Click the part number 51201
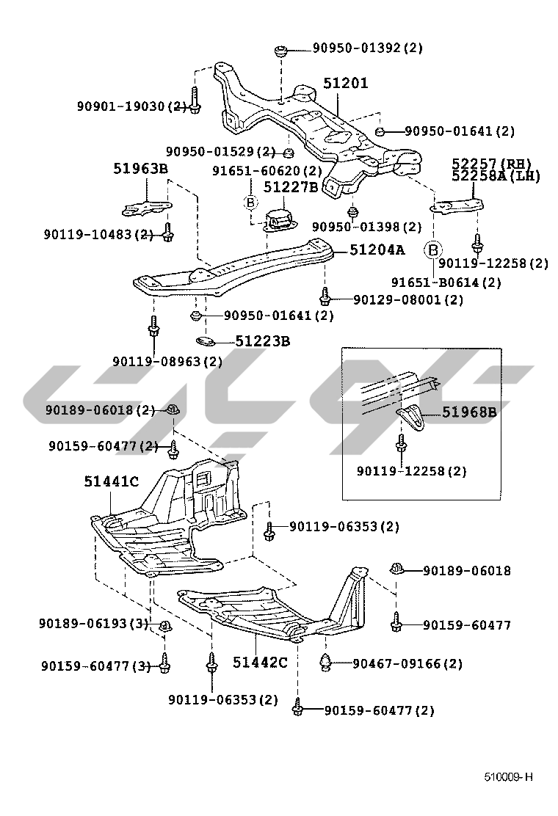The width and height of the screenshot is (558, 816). (345, 84)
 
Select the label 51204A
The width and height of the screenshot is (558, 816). (377, 249)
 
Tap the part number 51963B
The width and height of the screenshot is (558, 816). (141, 169)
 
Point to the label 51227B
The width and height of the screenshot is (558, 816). (291, 187)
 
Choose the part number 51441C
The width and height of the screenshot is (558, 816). (111, 481)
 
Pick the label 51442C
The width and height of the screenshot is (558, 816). (260, 662)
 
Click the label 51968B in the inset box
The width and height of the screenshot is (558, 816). (469, 412)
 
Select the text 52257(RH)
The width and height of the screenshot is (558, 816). (491, 163)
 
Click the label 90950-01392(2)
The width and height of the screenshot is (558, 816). (367, 48)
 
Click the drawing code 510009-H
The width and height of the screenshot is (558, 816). (507, 776)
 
